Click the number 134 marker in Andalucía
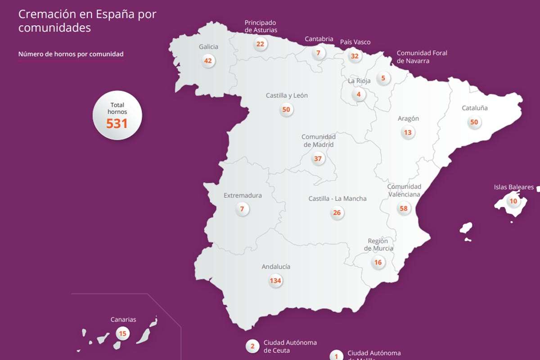click(275, 281)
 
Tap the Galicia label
click(208, 47)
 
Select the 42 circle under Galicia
click(208, 61)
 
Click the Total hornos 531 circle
click(117, 116)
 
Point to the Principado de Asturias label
click(261, 26)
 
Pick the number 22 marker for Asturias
click(260, 44)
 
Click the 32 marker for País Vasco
click(355, 56)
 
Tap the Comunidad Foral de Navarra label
click(422, 57)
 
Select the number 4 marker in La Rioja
click(359, 94)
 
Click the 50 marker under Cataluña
click(474, 122)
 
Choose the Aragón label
click(408, 119)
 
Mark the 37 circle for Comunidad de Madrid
click(318, 158)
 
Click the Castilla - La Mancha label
click(337, 198)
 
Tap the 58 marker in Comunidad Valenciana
click(404, 208)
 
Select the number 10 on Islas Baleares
click(513, 201)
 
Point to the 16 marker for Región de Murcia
click(378, 262)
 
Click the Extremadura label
click(243, 196)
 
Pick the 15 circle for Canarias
click(122, 334)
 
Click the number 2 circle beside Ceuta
click(252, 346)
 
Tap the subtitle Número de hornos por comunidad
click(71, 54)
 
